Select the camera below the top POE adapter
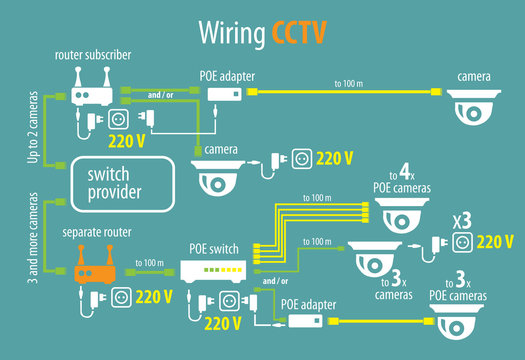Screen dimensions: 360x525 click(x=219, y=177)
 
